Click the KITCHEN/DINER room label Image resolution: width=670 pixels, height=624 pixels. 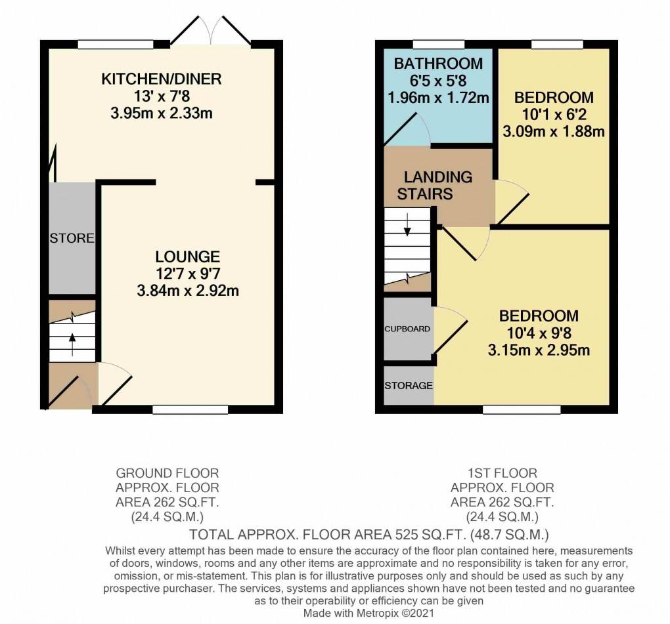tap(161, 79)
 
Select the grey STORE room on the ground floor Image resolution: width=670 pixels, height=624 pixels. tap(72, 238)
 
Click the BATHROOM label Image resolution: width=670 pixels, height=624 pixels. tap(438, 64)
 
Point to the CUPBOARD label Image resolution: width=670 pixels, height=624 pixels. tap(407, 329)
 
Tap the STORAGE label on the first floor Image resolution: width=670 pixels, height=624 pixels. tap(409, 386)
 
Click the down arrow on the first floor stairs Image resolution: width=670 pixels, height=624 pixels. tap(407, 224)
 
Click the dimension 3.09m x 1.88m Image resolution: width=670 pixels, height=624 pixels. tap(554, 131)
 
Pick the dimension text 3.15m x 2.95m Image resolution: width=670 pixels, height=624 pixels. tap(539, 350)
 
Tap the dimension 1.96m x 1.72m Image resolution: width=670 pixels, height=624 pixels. tap(438, 98)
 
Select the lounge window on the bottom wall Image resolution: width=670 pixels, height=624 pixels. tap(190, 410)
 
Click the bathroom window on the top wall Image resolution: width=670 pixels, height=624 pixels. tap(439, 44)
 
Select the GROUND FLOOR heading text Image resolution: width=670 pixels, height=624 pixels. tap(167, 473)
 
